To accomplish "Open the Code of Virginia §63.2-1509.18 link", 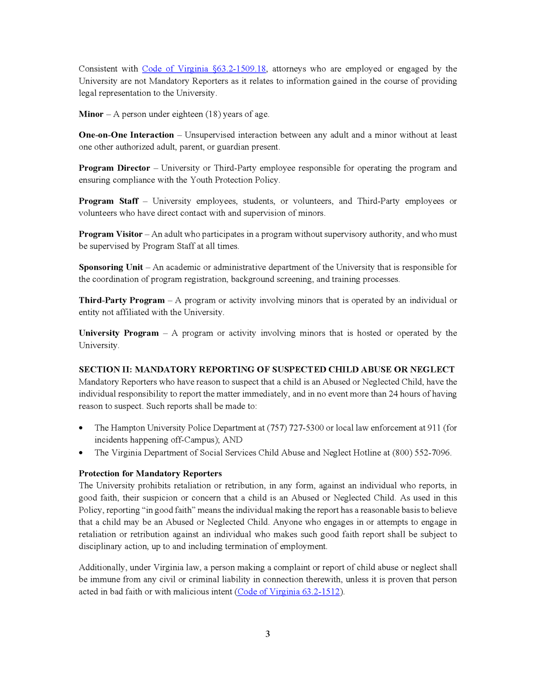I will click(204, 69).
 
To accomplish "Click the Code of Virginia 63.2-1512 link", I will click(288, 592).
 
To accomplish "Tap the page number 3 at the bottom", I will click(268, 634).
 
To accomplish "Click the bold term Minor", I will click(91, 114).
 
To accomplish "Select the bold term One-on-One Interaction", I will click(126, 135).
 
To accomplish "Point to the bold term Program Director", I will click(114, 168).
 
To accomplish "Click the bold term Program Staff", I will click(108, 201).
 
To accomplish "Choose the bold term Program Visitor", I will click(110, 234).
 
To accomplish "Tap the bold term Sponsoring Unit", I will click(111, 267).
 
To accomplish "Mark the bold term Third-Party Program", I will click(122, 300).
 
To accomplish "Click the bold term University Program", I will click(119, 333).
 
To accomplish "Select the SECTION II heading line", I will click(266, 370).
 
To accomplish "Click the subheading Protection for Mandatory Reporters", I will click(150, 473).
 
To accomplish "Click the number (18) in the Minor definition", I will click(213, 114).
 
